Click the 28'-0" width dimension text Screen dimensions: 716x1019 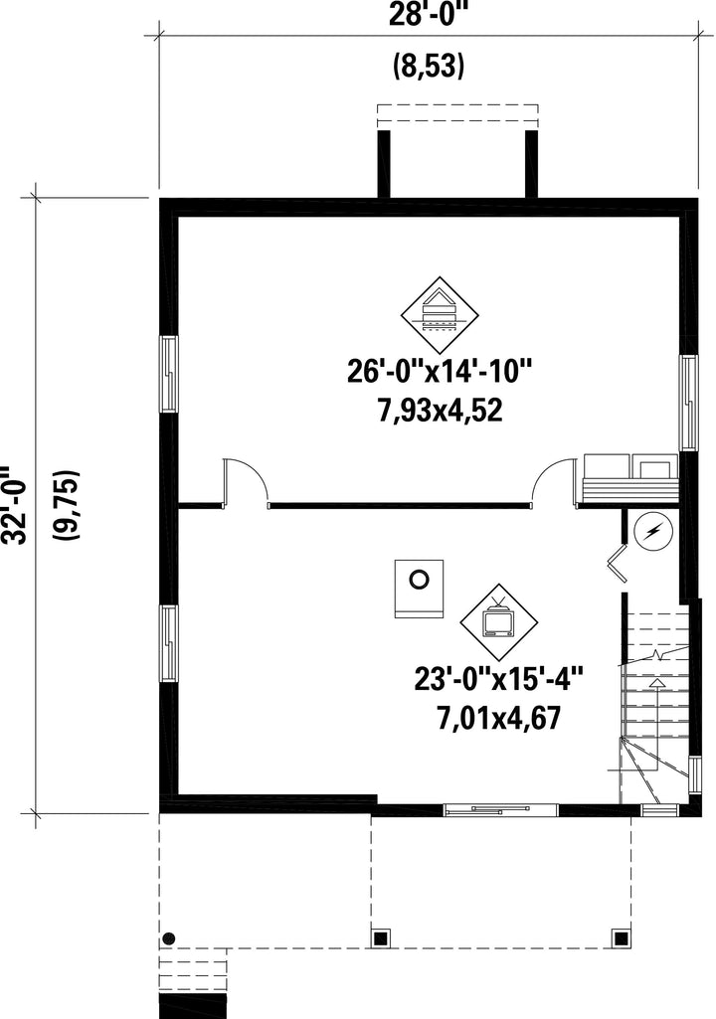click(429, 13)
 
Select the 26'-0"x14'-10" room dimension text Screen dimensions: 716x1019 click(441, 372)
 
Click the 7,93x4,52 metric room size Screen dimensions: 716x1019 click(441, 411)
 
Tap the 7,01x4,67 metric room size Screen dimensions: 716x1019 click(499, 719)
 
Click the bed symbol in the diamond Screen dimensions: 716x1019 click(440, 314)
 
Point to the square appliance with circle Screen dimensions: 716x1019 click(419, 589)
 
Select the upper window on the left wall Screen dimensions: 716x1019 click(169, 374)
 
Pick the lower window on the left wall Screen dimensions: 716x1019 click(169, 643)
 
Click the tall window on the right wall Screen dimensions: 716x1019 click(689, 403)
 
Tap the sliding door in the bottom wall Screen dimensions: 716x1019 click(501, 810)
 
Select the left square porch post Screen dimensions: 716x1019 click(381, 937)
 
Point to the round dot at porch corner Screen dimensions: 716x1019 click(169, 938)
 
